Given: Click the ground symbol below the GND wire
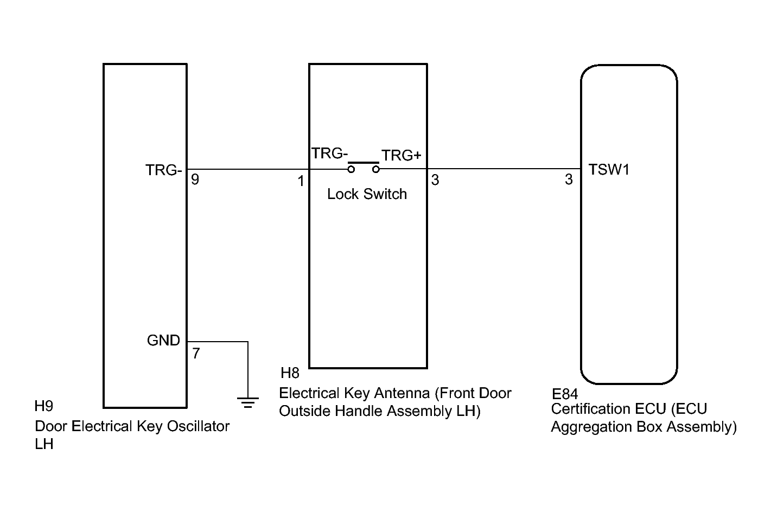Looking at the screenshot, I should coord(248,402).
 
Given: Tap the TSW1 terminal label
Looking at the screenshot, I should coord(609,170).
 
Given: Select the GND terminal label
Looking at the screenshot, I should coord(163,341).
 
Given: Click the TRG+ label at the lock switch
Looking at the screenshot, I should coord(401,156).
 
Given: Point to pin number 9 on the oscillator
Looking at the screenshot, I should coord(195,180).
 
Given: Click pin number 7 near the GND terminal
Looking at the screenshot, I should coord(196,354).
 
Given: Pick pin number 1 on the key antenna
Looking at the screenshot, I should coord(301,181).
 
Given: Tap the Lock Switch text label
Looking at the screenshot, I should coord(367,194).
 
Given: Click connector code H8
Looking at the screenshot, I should coord(290,373).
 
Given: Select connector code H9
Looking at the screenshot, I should coord(44,406).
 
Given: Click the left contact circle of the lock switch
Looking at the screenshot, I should coord(351,170).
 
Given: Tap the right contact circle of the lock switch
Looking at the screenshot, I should coord(375,170).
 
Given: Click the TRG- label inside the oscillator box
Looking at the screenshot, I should coord(163,170).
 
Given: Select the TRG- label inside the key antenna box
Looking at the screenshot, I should coord(329,153).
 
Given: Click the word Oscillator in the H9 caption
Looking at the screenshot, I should coord(198,426).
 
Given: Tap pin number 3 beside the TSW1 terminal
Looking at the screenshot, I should coord(569,180).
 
